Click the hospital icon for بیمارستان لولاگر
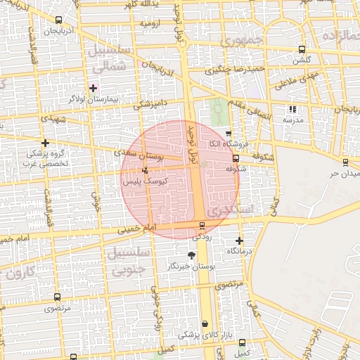pos(94,88)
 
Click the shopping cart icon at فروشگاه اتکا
pos(229,133)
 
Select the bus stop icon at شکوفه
pos(236,158)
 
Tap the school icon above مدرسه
pos(293,109)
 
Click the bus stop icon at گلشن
pos(302,49)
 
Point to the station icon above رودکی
pos(202,226)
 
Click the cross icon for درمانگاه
pos(240,240)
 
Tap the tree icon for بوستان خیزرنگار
pos(192,255)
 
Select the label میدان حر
pos(345,173)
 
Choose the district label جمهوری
pos(241,40)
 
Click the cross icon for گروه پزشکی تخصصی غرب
pos(46,143)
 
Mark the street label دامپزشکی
pos(150,103)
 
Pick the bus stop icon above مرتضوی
pos(56,297)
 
